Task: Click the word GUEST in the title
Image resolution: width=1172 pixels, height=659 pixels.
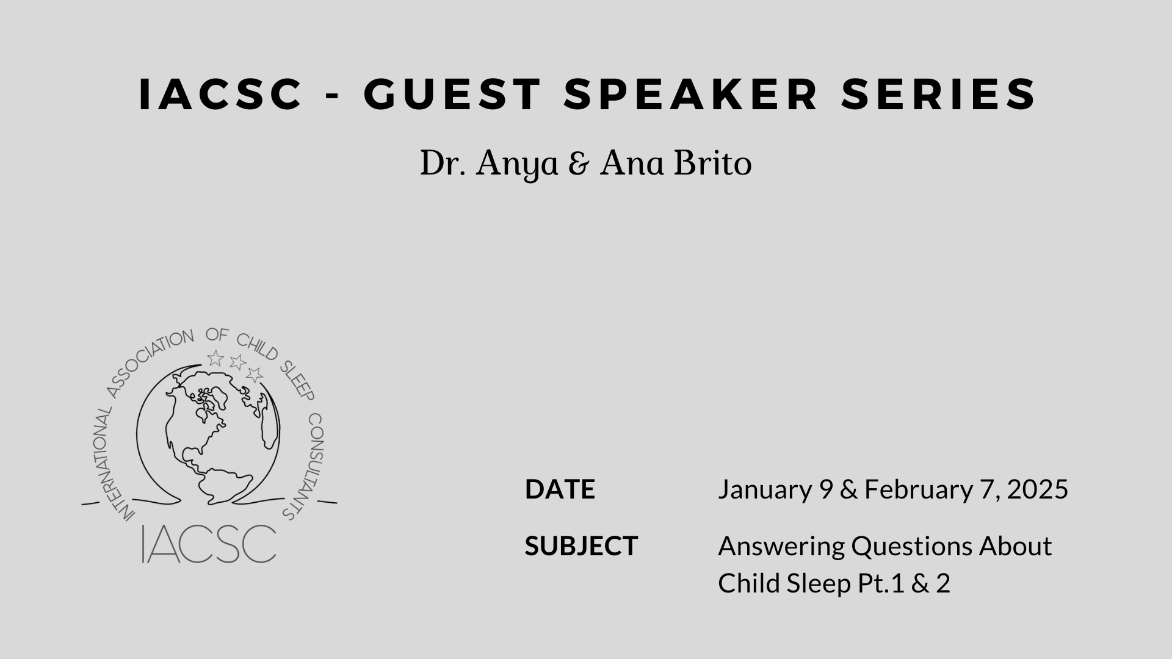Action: [x=452, y=94]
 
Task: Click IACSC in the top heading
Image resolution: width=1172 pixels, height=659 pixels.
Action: [x=221, y=94]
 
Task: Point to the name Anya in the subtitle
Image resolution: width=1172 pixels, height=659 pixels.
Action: [x=517, y=165]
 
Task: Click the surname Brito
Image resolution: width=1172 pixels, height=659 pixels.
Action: [x=712, y=164]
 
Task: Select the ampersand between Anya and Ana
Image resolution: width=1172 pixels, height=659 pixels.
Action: [x=579, y=165]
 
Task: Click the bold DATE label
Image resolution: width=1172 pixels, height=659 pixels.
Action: [x=560, y=489]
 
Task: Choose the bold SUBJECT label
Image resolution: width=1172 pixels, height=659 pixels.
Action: [x=581, y=546]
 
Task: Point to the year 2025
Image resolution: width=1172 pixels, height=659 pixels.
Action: [x=1038, y=489]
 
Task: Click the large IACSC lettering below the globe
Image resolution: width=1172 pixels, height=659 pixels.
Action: [x=209, y=544]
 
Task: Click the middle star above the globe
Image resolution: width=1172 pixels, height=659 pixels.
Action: [x=237, y=362]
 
